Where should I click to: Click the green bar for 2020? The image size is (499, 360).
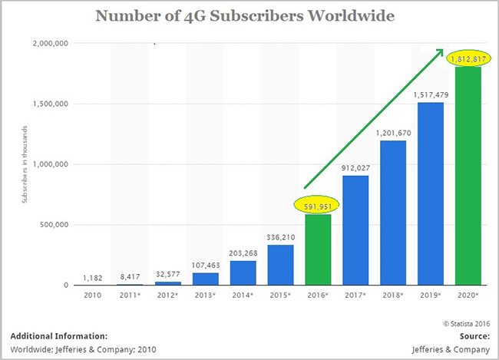point(468,176)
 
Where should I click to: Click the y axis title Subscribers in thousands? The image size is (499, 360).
point(25,164)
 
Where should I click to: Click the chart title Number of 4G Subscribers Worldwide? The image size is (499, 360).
point(249,16)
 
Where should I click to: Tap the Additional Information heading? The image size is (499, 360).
point(59,335)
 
